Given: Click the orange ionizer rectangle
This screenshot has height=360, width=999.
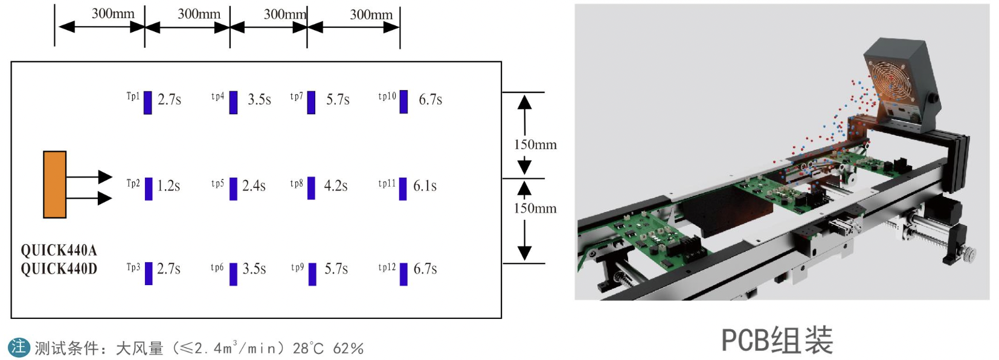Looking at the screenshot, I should pyautogui.click(x=54, y=184).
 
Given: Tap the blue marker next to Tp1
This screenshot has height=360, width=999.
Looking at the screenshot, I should pyautogui.click(x=147, y=102).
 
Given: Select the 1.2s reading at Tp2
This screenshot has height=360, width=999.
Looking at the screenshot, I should pyautogui.click(x=169, y=186).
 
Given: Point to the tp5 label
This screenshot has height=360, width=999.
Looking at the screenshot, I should pyautogui.click(x=217, y=184).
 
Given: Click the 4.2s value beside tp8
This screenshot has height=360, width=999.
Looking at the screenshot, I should pyautogui.click(x=335, y=186).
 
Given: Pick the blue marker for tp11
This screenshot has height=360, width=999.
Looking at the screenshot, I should pyautogui.click(x=403, y=188).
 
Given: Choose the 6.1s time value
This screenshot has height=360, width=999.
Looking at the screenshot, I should pyautogui.click(x=425, y=186).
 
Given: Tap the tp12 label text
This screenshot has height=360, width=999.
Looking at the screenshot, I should pyautogui.click(x=387, y=267).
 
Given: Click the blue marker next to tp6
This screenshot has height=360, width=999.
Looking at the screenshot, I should pyautogui.click(x=233, y=274).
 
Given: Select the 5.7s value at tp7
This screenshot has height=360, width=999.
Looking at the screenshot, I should pyautogui.click(x=338, y=100).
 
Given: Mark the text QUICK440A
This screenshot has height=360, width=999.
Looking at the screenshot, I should pyautogui.click(x=59, y=250).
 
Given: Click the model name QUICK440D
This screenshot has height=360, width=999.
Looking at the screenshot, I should pyautogui.click(x=59, y=269).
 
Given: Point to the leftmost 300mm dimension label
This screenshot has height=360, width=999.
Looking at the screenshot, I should pyautogui.click(x=113, y=13).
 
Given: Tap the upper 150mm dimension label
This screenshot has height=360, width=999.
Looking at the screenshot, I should pyautogui.click(x=535, y=145).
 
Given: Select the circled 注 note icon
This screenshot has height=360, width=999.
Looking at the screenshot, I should pyautogui.click(x=18, y=347).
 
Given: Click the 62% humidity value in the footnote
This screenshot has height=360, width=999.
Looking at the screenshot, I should pyautogui.click(x=348, y=349).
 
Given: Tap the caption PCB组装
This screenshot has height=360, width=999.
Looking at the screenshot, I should pyautogui.click(x=777, y=340).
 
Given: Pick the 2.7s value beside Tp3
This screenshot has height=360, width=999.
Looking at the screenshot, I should pyautogui.click(x=169, y=269).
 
